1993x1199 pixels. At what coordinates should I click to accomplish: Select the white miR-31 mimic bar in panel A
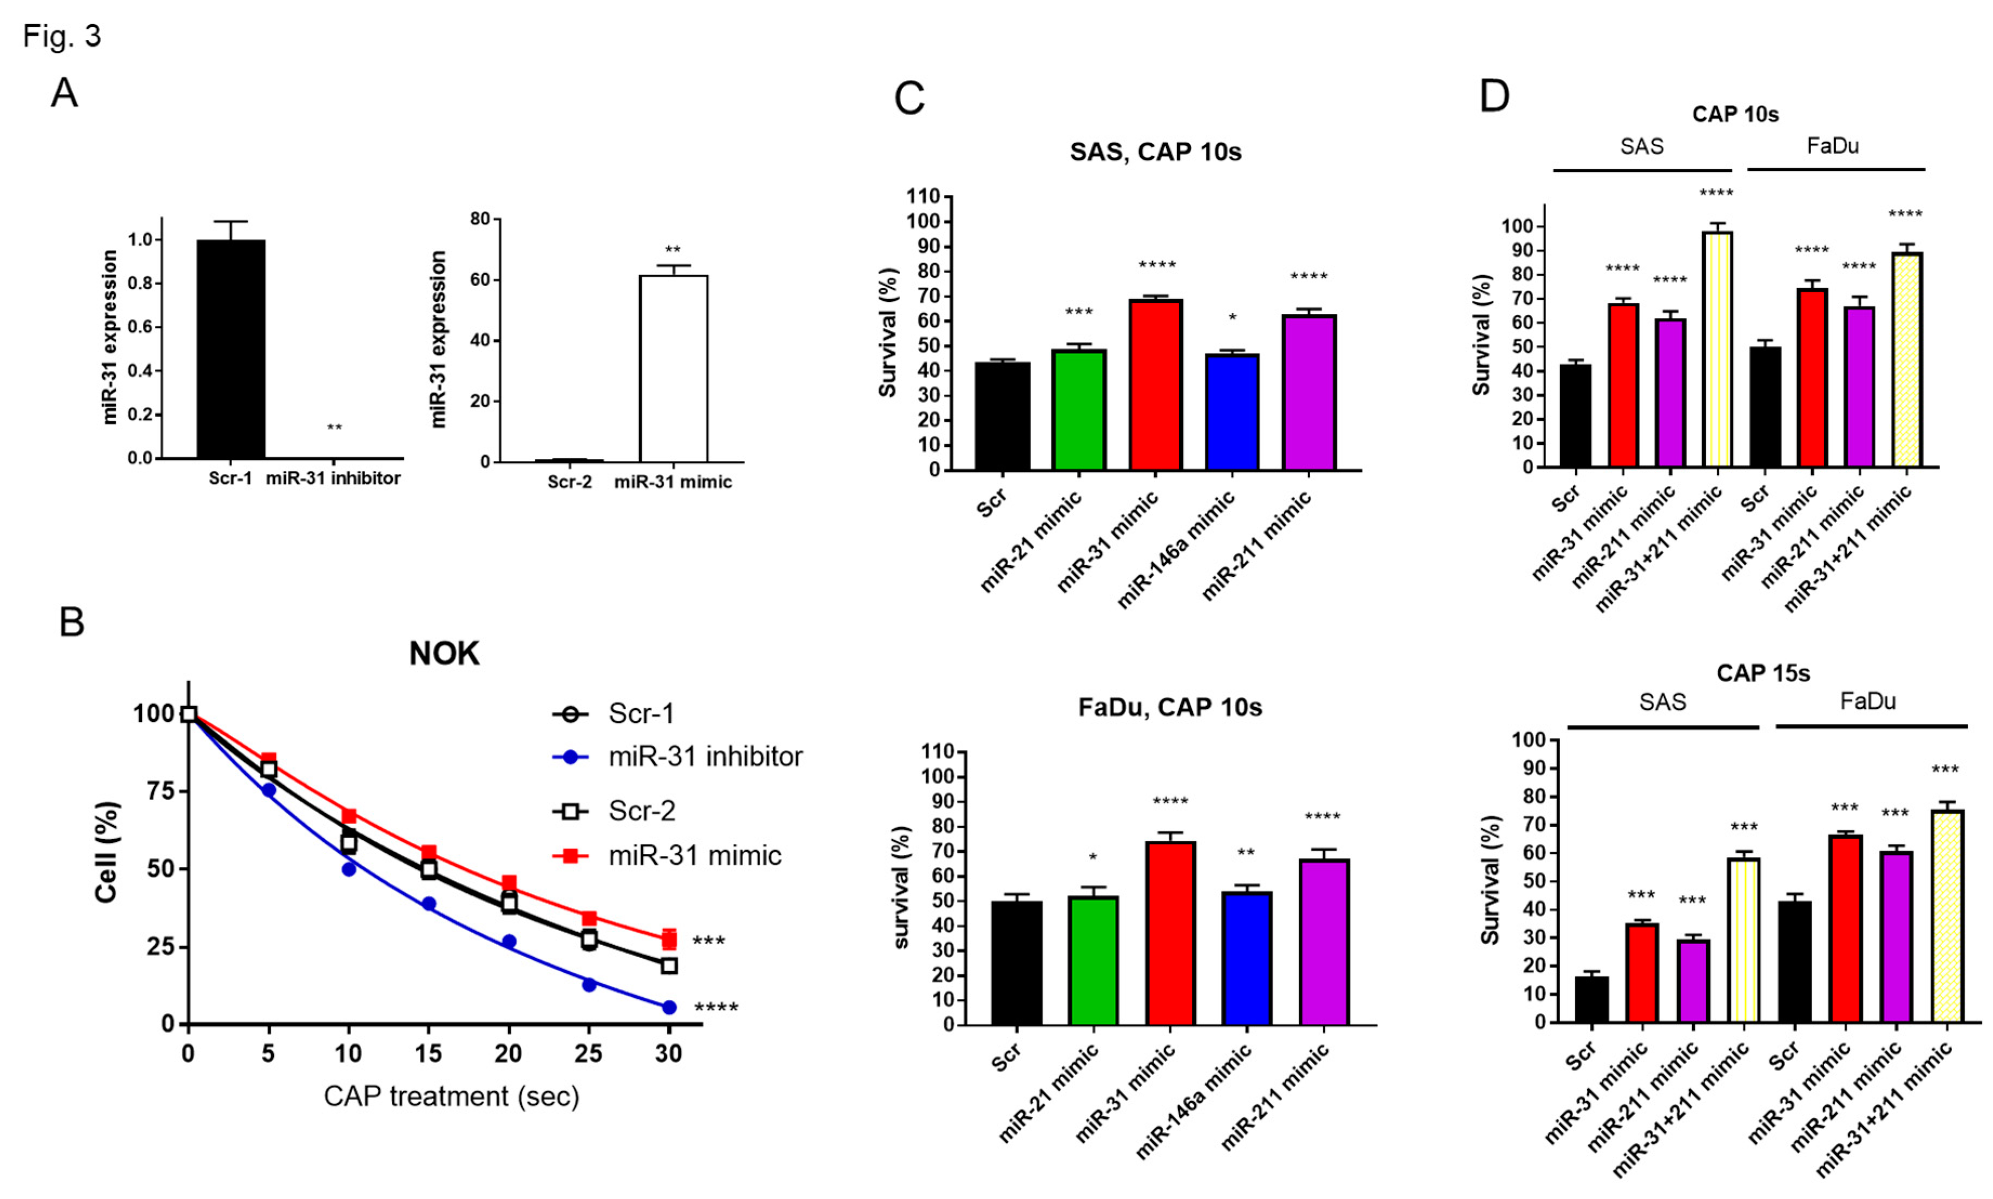click(x=673, y=368)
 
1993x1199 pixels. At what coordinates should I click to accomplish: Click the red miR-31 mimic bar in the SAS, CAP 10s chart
click(x=1155, y=385)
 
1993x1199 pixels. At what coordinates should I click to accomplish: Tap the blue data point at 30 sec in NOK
click(x=669, y=1007)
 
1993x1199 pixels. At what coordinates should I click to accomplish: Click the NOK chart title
click(x=444, y=653)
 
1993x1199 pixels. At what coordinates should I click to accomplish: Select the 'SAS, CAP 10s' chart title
click(x=1155, y=152)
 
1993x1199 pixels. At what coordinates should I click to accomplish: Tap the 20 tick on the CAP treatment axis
click(x=508, y=1053)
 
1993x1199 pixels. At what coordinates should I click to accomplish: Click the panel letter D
click(x=1494, y=97)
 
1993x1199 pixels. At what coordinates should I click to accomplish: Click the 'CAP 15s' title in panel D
click(x=1763, y=672)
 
